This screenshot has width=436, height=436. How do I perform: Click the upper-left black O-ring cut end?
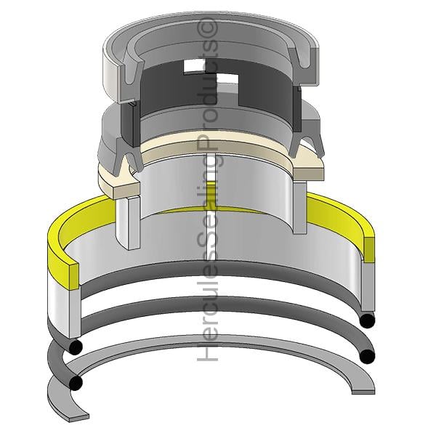[76, 346]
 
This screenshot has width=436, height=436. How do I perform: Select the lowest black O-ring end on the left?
[76, 383]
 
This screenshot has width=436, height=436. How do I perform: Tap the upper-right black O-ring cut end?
[367, 321]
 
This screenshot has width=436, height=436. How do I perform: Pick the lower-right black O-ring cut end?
[367, 356]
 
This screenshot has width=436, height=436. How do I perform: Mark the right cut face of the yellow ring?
[369, 250]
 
